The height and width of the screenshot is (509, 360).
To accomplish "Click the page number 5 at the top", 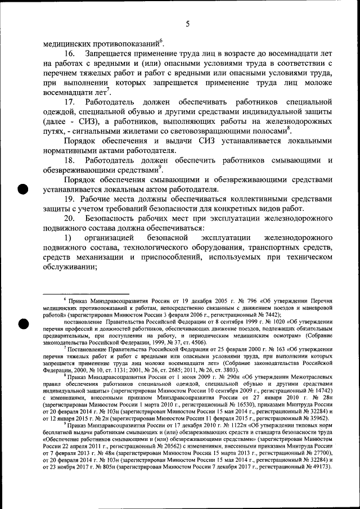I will pos(188,24).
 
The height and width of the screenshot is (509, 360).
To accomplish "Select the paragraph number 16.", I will pos(73,53).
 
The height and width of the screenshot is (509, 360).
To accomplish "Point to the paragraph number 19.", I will pos(70,201).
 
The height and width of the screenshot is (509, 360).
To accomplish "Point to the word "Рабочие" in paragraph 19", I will pos(101,201).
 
